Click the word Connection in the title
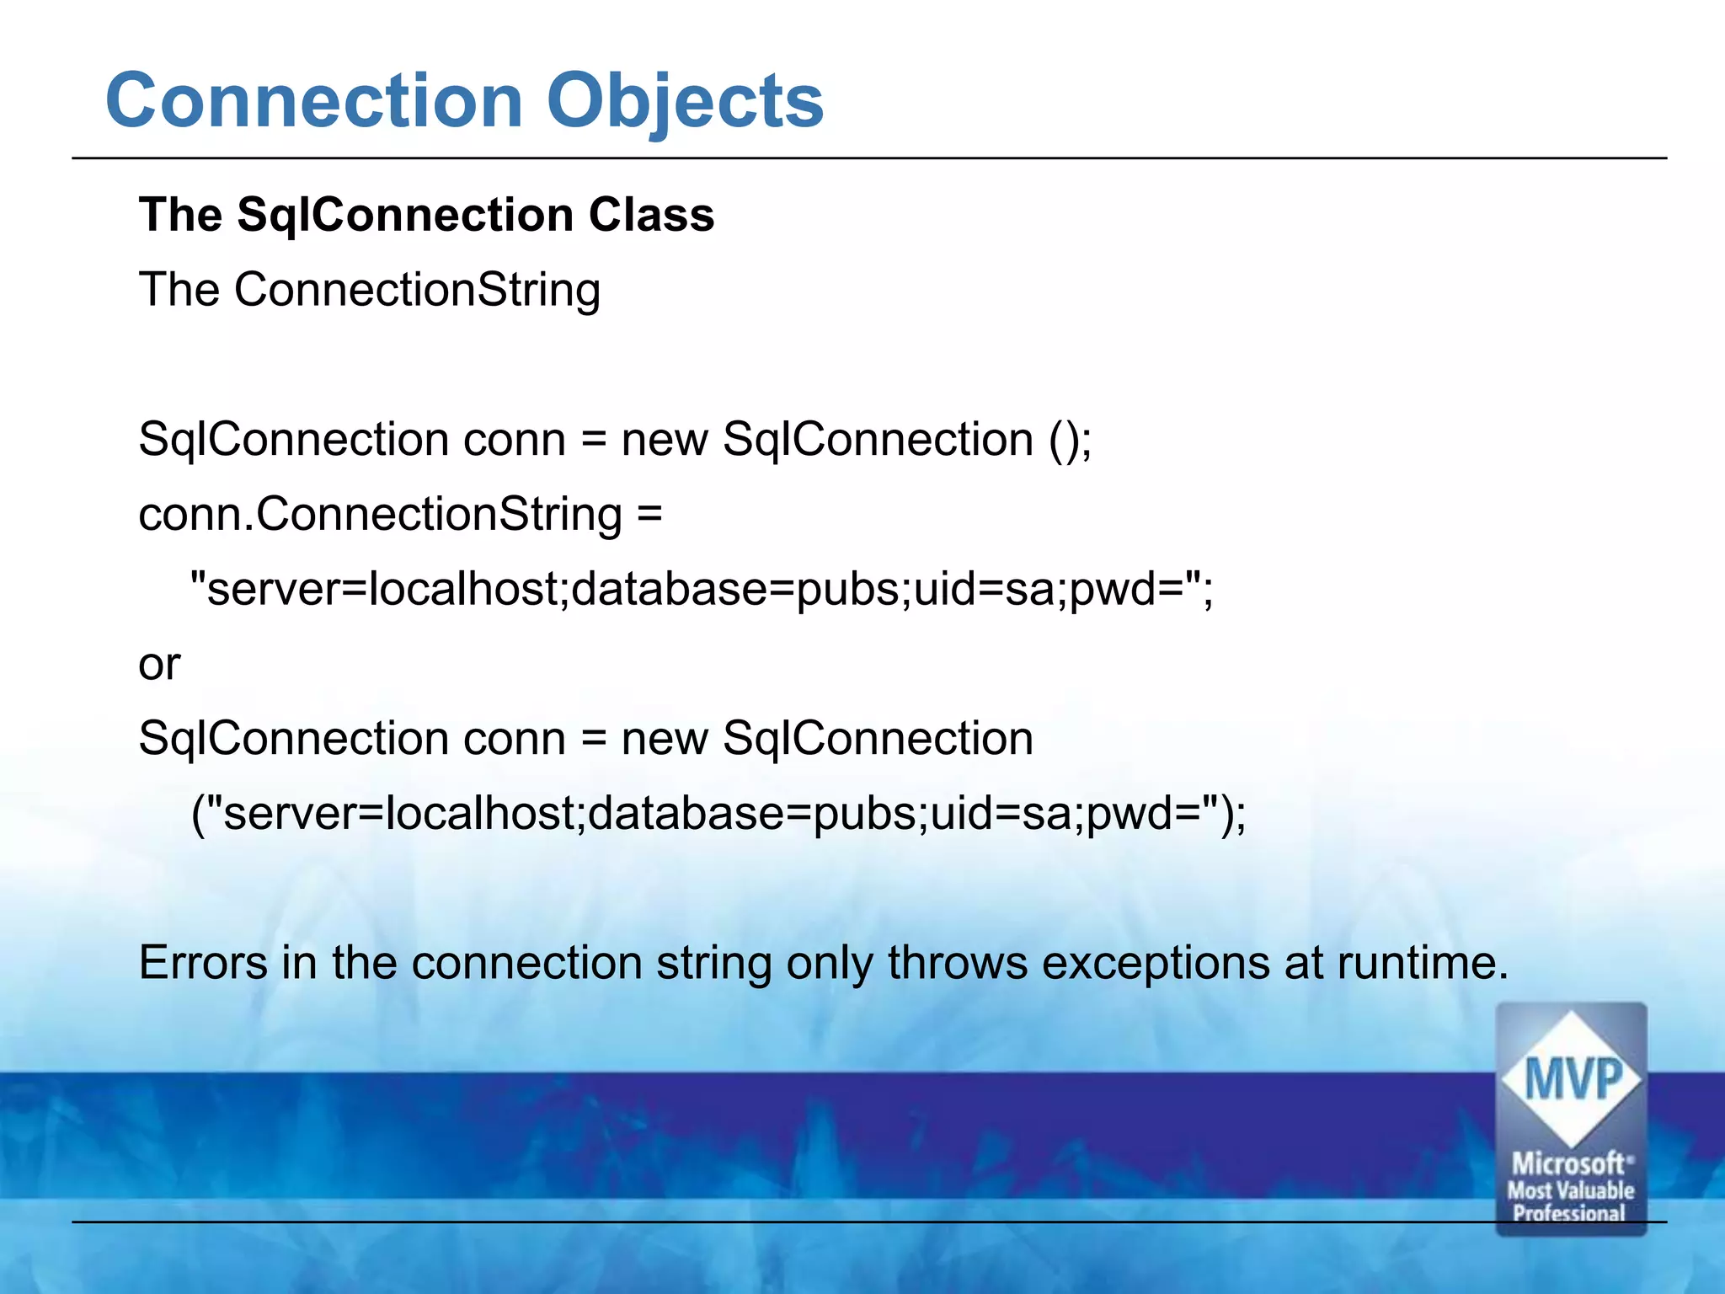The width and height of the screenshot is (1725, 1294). pos(314,101)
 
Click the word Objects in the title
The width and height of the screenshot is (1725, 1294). pos(685,101)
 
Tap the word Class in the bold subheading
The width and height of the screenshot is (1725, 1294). pos(651,215)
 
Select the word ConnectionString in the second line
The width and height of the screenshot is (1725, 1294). pos(417,291)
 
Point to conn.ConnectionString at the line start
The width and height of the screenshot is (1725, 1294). pos(380,515)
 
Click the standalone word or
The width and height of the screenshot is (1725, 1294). pos(158,665)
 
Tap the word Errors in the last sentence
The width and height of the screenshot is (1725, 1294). pos(203,963)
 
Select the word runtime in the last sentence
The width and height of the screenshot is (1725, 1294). pos(1421,963)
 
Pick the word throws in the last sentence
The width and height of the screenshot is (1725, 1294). pos(957,963)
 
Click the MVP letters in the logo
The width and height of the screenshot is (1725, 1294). pos(1572,1079)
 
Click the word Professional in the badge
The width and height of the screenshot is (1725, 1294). pos(1569,1213)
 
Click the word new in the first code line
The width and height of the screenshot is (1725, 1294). pos(664,440)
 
